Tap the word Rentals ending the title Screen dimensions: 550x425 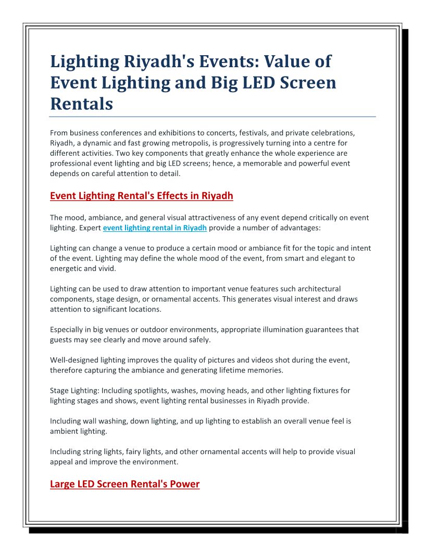(81, 104)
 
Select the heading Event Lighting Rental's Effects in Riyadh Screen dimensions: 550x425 (141, 196)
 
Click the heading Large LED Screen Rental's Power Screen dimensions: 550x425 (124, 484)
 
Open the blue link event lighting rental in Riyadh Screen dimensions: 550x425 (155, 228)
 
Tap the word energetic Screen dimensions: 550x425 (68, 268)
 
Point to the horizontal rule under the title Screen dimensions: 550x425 (213, 117)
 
